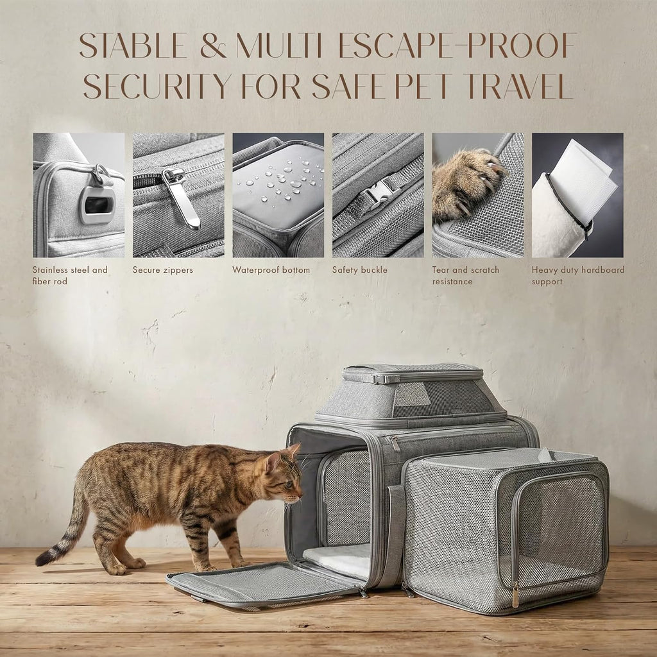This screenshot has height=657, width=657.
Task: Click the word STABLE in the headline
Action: click(133, 46)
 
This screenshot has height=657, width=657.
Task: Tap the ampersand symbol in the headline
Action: click(213, 46)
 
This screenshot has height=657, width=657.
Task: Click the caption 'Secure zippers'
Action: click(162, 270)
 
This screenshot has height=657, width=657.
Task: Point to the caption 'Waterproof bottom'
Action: click(271, 270)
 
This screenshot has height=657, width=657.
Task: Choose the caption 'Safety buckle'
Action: click(359, 270)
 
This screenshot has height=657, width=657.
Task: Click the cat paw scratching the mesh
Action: click(467, 184)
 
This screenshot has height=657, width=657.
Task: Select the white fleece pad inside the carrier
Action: click(337, 559)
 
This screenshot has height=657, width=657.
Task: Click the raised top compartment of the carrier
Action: click(410, 394)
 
